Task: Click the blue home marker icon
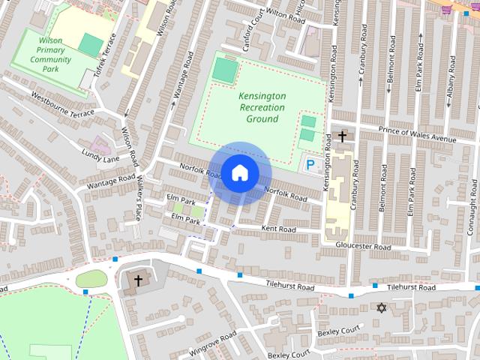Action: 239,172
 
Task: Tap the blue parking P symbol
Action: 309,163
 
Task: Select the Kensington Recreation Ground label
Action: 262,108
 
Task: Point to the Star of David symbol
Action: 381,307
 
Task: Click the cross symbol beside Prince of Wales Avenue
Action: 343,136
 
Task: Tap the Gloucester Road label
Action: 363,247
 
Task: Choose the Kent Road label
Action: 278,228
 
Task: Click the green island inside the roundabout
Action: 91,279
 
